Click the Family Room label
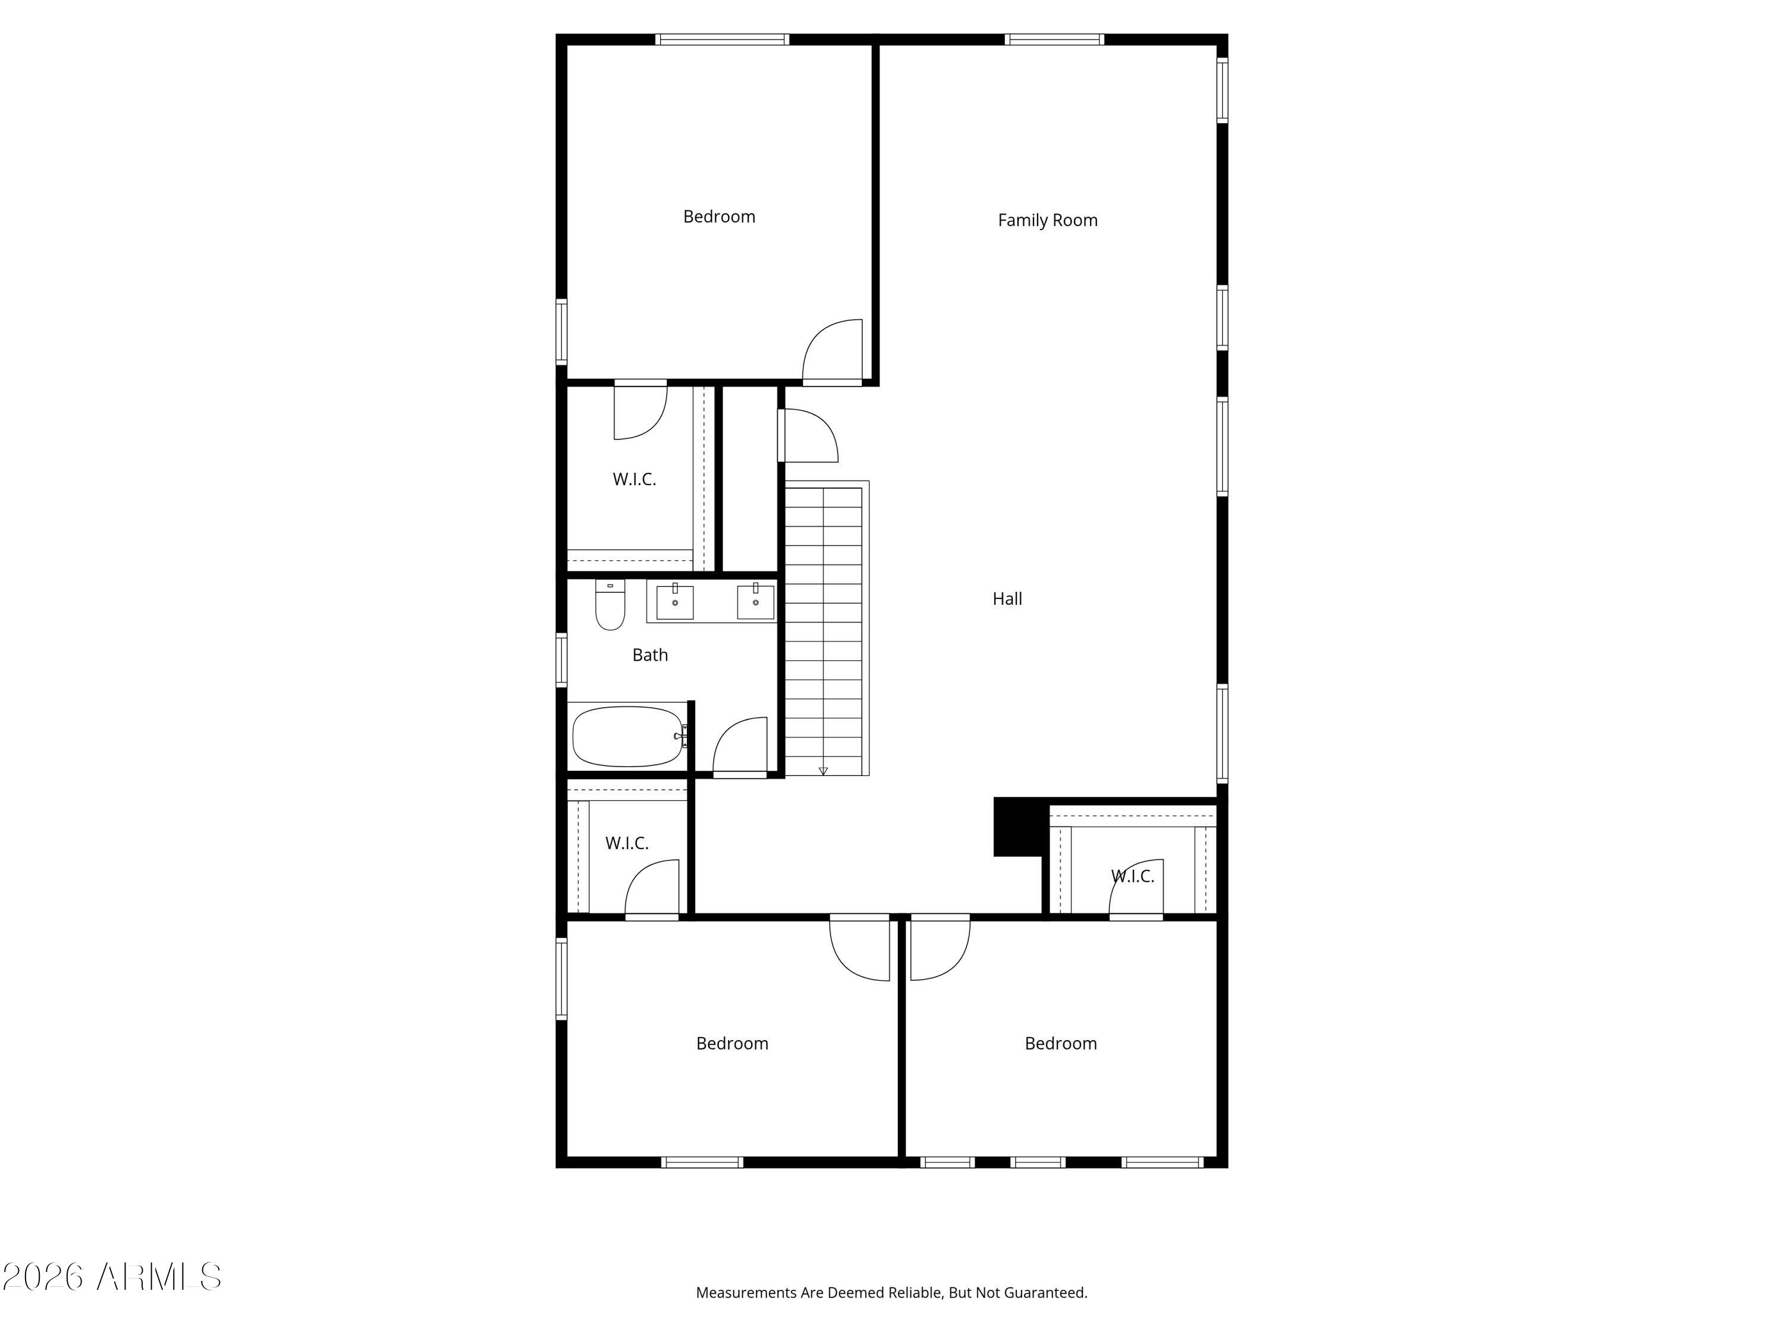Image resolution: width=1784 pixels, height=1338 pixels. pos(1048,220)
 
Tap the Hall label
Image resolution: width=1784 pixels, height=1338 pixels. pos(1007,598)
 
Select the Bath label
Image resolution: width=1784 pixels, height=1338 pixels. pos(650,655)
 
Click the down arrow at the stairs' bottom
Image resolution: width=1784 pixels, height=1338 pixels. pos(824,772)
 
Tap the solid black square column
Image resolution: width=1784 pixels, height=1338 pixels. pos(1019,827)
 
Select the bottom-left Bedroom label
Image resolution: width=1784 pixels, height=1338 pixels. pos(732,1043)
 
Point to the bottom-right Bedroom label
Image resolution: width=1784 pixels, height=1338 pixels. pos(1060,1043)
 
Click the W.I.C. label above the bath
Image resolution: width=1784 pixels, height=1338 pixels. pos(634,479)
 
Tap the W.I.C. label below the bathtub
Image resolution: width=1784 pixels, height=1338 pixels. pos(627,843)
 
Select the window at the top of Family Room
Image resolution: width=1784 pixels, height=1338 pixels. pos(1054,39)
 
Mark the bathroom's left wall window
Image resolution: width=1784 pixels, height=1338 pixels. pos(561,659)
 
